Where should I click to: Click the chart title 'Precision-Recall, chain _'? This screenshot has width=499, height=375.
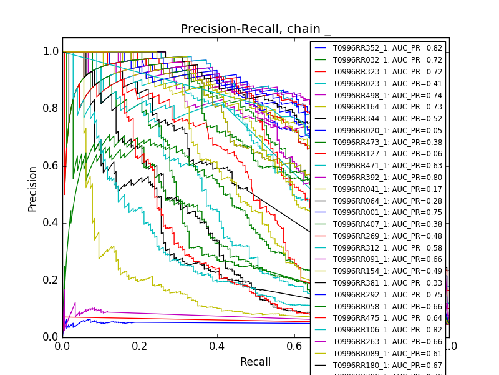point(256,29)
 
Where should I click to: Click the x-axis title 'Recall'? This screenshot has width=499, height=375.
point(256,362)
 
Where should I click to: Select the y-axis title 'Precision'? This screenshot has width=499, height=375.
point(32,188)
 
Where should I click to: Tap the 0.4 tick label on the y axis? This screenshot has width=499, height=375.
point(51,223)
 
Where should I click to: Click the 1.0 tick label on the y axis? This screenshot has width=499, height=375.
point(51,52)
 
